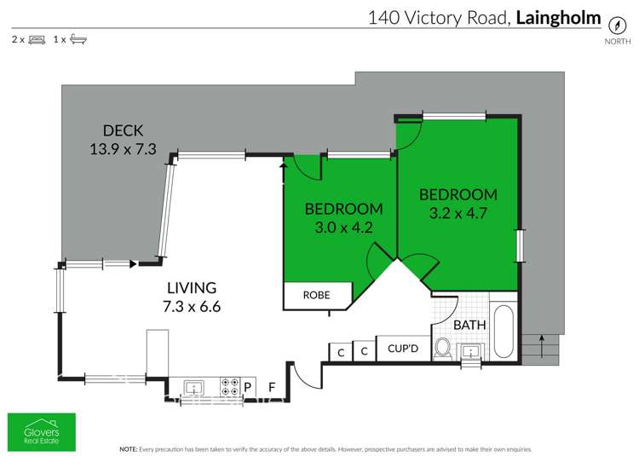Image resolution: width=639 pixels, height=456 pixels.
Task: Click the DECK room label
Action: (123, 130)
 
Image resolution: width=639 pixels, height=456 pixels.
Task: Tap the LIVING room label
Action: (192, 288)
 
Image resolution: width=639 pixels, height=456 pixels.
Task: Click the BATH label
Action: (469, 325)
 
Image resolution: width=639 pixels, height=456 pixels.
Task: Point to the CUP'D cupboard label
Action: (402, 349)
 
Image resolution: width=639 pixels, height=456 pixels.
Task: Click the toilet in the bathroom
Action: (443, 348)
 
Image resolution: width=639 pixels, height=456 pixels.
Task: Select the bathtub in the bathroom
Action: (504, 329)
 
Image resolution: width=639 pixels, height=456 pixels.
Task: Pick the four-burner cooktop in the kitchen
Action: (230, 386)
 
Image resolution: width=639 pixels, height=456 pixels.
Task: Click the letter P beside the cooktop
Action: (249, 387)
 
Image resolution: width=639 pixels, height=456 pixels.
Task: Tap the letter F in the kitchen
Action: (272, 387)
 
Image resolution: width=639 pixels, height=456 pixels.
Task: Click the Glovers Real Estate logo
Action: (42, 431)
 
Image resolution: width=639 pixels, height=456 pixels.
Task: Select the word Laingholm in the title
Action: (559, 17)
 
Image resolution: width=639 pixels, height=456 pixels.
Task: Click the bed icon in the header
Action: (37, 39)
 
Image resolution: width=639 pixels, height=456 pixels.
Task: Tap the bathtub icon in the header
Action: (78, 39)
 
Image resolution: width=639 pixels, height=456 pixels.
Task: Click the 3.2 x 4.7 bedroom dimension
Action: (458, 212)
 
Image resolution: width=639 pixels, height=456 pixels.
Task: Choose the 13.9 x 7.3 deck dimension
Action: (123, 148)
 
